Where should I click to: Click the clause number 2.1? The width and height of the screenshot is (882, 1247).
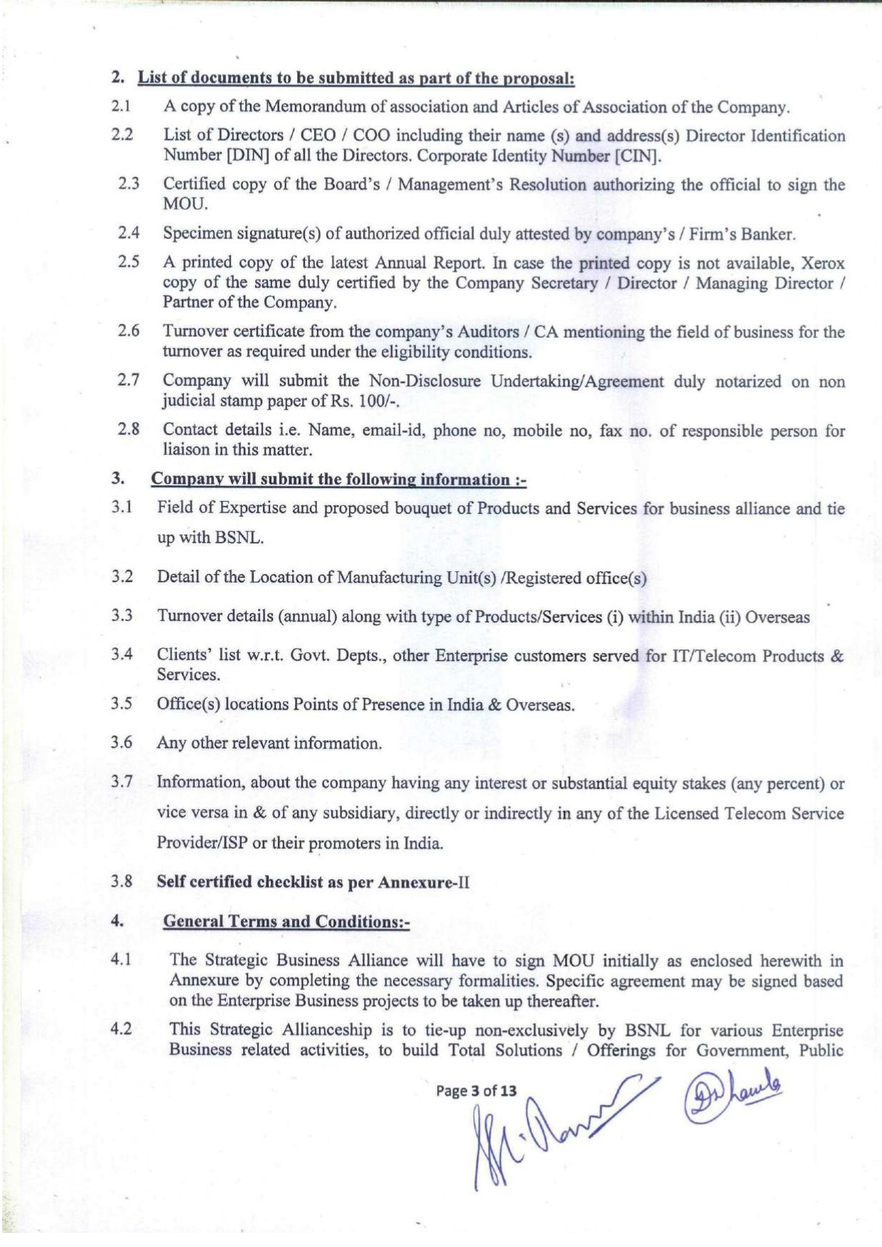click(120, 107)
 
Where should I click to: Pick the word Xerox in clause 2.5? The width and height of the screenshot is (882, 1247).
click(823, 263)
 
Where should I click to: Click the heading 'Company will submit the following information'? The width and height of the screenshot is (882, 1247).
click(338, 480)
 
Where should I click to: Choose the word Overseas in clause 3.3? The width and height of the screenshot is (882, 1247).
click(778, 617)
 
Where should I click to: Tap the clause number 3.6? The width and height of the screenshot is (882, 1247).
click(122, 743)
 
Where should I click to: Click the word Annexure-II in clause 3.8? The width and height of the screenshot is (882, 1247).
click(424, 882)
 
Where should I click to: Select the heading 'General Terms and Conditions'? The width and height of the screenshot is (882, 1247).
click(286, 922)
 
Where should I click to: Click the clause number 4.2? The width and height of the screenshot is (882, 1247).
click(122, 1029)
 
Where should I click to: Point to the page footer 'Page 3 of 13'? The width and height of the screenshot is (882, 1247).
click(476, 1091)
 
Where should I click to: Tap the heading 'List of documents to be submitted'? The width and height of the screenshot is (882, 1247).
click(355, 78)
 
